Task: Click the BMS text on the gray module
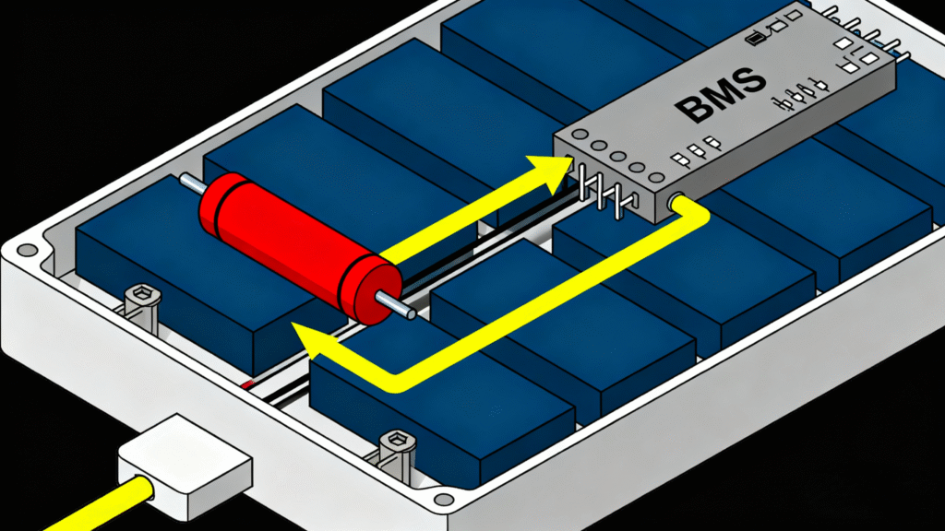pyautogui.click(x=720, y=96)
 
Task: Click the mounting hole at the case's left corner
pyautogui.click(x=27, y=250)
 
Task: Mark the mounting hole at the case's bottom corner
pyautogui.click(x=444, y=499)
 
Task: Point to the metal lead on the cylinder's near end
pyautogui.click(x=395, y=304)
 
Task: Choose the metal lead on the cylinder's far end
pyautogui.click(x=193, y=183)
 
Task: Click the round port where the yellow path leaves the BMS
pyautogui.click(x=675, y=200)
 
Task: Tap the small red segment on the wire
pyautogui.click(x=248, y=383)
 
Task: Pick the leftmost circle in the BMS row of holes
pyautogui.click(x=580, y=135)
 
